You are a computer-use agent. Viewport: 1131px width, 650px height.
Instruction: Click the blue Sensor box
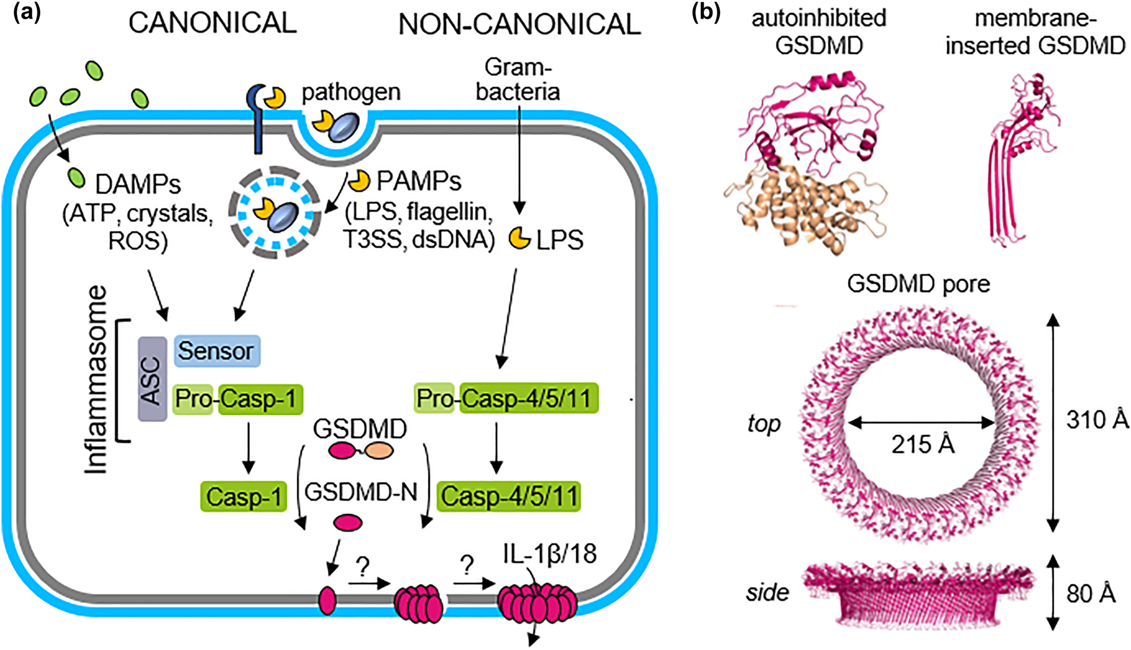click(x=217, y=351)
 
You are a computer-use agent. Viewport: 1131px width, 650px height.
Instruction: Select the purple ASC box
click(x=152, y=380)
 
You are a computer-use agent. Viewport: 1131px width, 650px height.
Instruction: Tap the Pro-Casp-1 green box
click(x=238, y=399)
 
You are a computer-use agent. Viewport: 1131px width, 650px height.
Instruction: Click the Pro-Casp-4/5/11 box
click(x=506, y=398)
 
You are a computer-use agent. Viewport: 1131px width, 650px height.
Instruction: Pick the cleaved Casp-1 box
click(x=243, y=497)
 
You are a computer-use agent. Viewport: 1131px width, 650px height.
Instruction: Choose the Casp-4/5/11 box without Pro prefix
click(x=509, y=497)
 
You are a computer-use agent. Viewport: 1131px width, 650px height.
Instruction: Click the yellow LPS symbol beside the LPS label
click(x=519, y=238)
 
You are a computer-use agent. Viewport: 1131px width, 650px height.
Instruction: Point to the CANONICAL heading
click(x=213, y=23)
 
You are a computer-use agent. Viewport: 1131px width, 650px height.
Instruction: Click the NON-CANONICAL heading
click(x=519, y=24)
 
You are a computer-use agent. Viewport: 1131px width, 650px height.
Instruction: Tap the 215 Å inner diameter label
click(x=922, y=444)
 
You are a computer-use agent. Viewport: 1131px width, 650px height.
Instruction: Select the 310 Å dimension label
click(x=1097, y=420)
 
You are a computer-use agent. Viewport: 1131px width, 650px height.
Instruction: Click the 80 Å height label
click(x=1090, y=594)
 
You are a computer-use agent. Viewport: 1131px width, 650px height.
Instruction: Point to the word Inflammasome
click(x=97, y=380)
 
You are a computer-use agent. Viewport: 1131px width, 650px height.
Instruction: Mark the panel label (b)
click(x=705, y=13)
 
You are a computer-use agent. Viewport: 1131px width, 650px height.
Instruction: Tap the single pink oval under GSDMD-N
click(x=347, y=522)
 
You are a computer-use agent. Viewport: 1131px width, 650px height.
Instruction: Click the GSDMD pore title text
click(x=918, y=284)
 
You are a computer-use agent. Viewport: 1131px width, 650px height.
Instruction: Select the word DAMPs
click(x=138, y=185)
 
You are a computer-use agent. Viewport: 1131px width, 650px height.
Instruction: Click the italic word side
click(x=767, y=593)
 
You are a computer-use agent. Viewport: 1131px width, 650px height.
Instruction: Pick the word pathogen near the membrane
click(x=351, y=92)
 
